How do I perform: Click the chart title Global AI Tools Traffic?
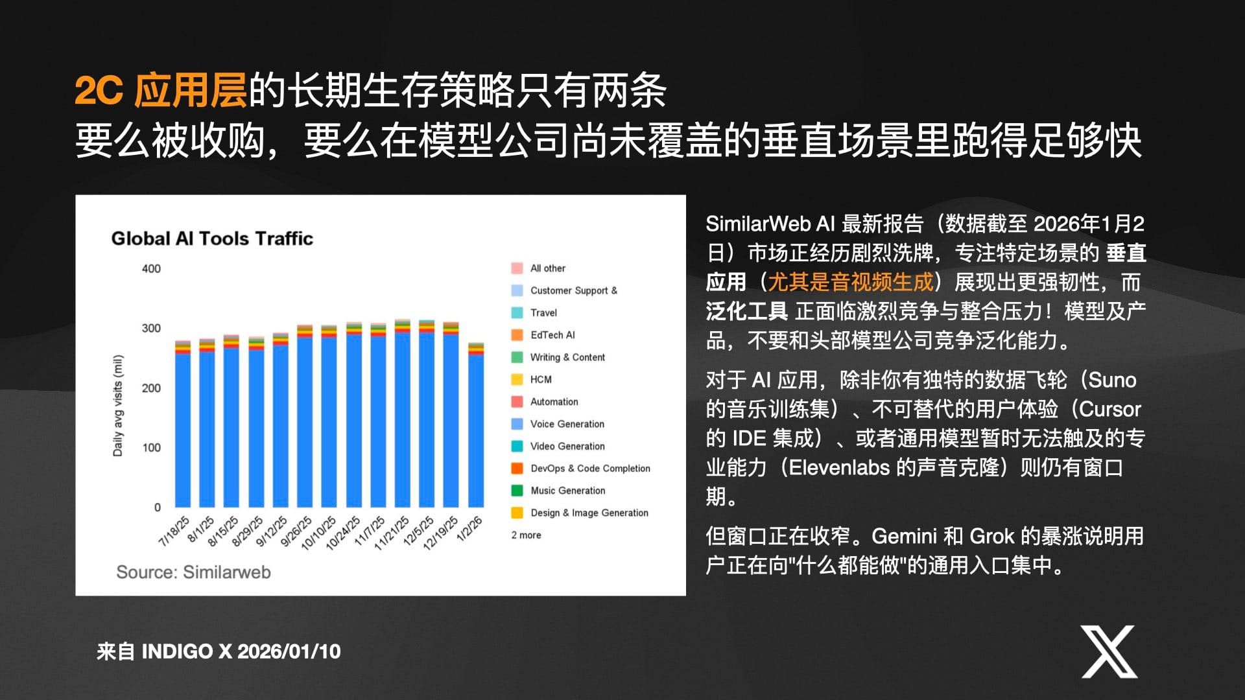(212, 239)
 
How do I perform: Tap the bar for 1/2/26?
(476, 425)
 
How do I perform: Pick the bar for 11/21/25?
(403, 414)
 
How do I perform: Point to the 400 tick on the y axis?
(151, 268)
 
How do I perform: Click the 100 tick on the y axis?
(151, 447)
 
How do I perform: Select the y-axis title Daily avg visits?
(117, 406)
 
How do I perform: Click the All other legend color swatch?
(517, 268)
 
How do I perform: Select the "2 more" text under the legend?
(526, 535)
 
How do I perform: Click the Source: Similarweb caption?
(193, 572)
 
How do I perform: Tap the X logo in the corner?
(1109, 652)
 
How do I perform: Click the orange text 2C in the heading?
(99, 90)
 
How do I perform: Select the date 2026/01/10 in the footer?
(289, 651)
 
